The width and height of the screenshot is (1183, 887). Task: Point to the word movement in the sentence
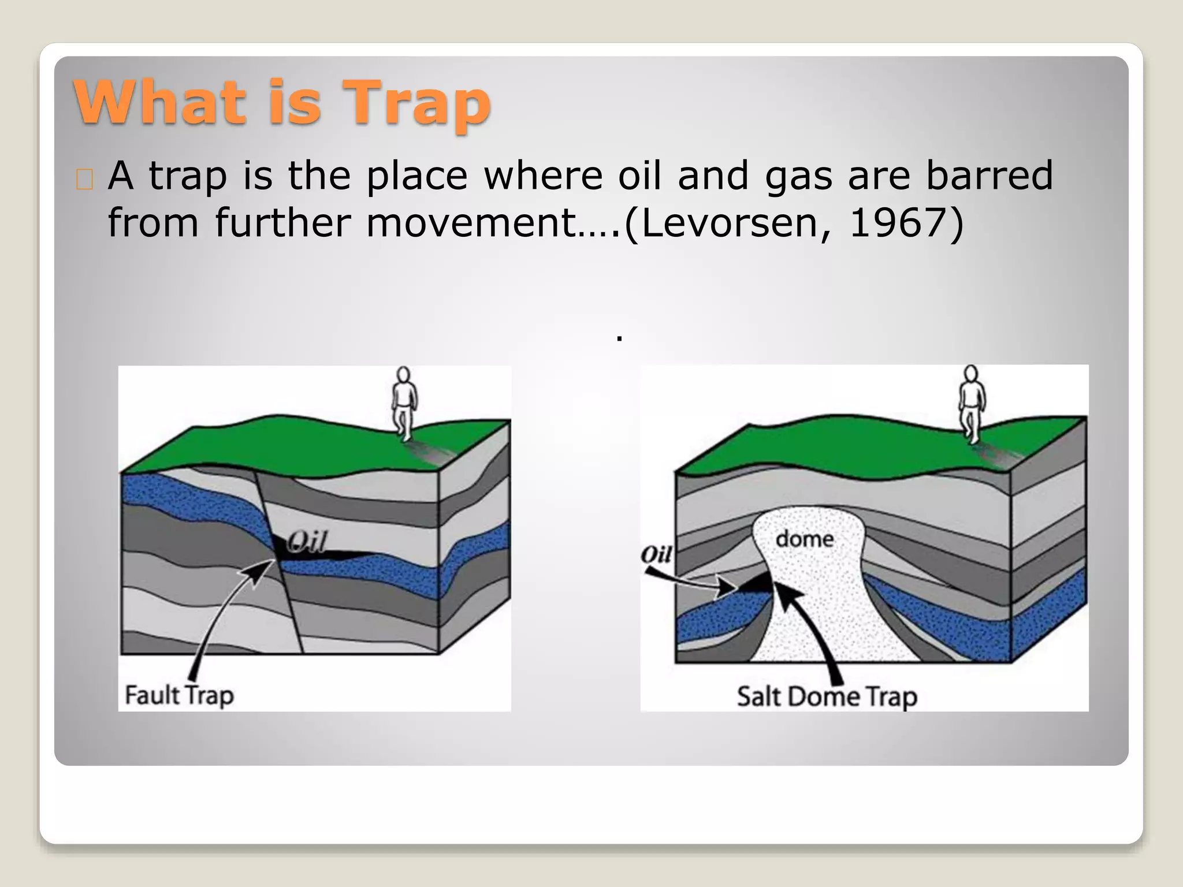click(x=471, y=223)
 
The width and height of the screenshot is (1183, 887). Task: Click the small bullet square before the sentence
click(x=84, y=180)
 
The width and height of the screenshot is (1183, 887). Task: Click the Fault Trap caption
click(x=179, y=695)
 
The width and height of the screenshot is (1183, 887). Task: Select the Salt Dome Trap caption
click(x=826, y=696)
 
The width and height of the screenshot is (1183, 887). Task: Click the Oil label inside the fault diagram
click(x=307, y=542)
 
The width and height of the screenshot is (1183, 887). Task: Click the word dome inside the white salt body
click(x=804, y=539)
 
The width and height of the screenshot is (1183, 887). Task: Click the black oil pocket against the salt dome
click(x=757, y=584)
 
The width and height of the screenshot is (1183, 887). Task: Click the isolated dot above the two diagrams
click(x=619, y=338)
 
